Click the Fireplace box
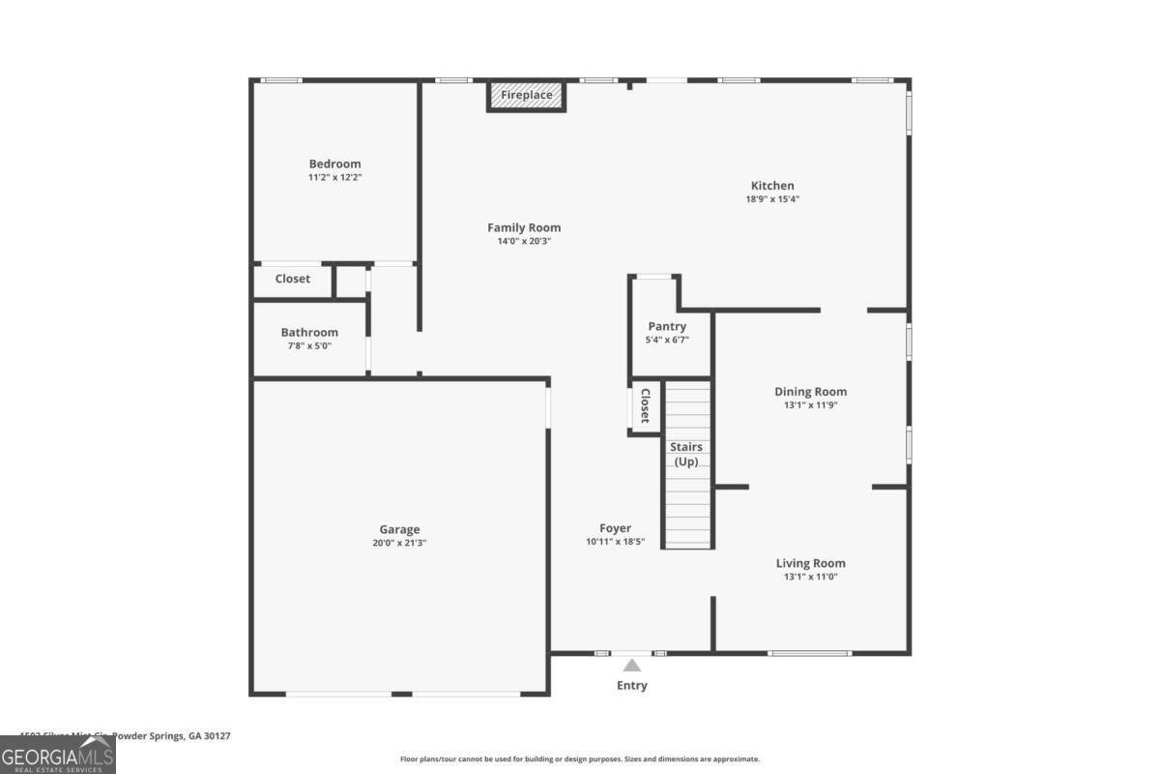526,96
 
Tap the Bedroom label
334,164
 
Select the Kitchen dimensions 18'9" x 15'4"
772,199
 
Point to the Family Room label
524,228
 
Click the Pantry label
667,327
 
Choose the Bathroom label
309,333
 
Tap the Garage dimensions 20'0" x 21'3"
399,544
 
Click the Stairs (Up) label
686,454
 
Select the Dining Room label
810,392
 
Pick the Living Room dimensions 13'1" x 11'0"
810,577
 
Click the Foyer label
615,528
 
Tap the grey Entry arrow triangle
631,666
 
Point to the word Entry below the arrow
632,686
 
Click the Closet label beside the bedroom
293,279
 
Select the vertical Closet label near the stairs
644,407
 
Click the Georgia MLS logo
58,755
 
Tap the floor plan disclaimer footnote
580,759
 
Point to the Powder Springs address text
126,736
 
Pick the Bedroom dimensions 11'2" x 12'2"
334,178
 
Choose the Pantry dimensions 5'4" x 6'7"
667,341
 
